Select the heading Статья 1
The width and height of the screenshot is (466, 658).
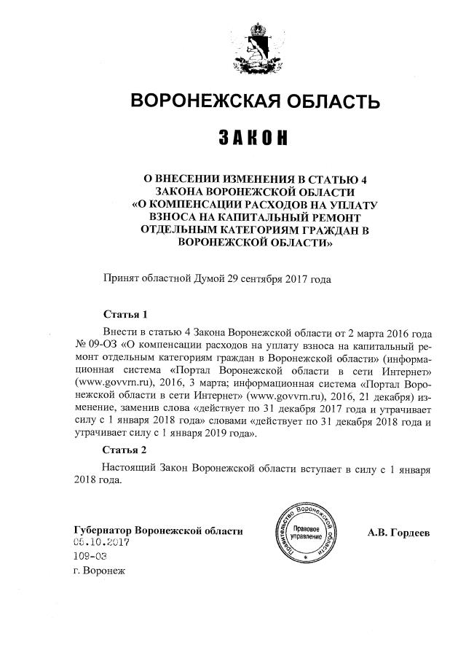pyautogui.click(x=125, y=315)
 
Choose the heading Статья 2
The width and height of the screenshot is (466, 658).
pyautogui.click(x=125, y=449)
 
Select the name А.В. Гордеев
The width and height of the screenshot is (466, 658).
pyautogui.click(x=399, y=531)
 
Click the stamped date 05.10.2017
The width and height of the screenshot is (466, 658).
pyautogui.click(x=100, y=543)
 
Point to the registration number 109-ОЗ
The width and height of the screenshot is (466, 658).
pyautogui.click(x=90, y=556)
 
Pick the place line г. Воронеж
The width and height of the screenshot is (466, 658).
pyautogui.click(x=100, y=570)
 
